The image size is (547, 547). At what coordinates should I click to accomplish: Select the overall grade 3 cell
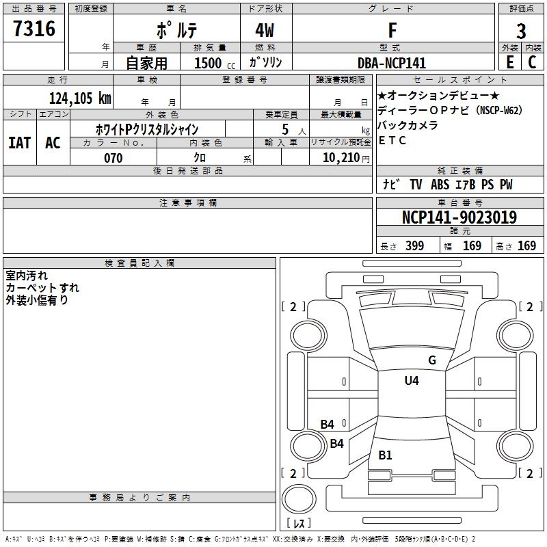click(521, 31)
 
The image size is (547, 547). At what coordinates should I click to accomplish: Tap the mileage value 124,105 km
click(80, 98)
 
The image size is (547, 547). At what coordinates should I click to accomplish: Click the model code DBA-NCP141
click(392, 63)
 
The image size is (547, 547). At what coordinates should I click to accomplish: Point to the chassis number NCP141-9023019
click(459, 217)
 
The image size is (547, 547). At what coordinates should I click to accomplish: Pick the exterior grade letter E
click(509, 62)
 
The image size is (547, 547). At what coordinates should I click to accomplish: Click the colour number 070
click(113, 158)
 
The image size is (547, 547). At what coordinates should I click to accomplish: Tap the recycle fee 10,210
click(340, 158)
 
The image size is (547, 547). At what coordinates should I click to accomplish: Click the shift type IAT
click(19, 143)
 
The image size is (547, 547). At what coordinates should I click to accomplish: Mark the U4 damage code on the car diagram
click(412, 381)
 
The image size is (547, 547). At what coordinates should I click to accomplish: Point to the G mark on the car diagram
click(432, 360)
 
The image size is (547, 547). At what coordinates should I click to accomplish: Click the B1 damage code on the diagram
click(386, 455)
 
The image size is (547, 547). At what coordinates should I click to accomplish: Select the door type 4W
click(266, 31)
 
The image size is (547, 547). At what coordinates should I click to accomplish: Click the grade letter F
click(392, 31)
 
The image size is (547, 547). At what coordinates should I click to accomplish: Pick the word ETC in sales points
click(393, 141)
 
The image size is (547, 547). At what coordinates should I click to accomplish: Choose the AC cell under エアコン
click(53, 143)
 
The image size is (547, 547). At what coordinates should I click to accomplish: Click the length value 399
click(414, 246)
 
